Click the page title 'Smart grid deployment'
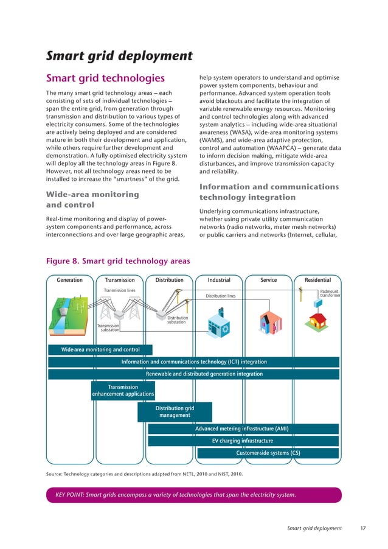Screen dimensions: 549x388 click(119, 57)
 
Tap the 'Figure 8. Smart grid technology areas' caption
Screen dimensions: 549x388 click(118, 261)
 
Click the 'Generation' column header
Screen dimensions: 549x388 click(70, 280)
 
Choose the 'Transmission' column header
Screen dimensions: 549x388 click(119, 280)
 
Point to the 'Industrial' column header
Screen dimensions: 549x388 click(219, 280)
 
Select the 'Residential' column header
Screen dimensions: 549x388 click(317, 280)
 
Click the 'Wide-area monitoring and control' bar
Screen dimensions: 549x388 click(100, 350)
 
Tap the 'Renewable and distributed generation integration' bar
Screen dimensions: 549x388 click(204, 374)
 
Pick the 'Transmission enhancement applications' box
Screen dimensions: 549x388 click(123, 391)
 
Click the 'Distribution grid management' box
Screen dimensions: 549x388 click(175, 412)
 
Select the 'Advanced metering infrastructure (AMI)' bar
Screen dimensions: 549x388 click(242, 429)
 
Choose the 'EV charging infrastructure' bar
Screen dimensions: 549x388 click(242, 441)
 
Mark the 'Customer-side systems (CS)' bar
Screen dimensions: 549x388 click(268, 453)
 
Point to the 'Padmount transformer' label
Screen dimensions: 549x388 click(329, 294)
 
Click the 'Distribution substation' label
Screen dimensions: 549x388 click(178, 320)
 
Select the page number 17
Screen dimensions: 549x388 click(362, 528)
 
